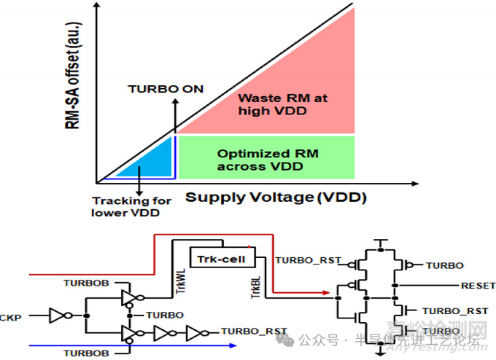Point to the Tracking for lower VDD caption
point(131,206)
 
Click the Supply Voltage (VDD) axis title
point(276,197)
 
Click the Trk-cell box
point(219,257)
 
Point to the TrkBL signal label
point(257,287)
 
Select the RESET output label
point(478,286)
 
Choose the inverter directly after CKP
point(58,316)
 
